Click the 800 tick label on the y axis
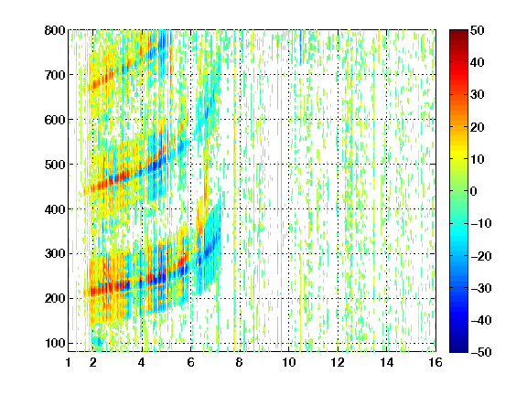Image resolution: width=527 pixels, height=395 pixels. coord(55,30)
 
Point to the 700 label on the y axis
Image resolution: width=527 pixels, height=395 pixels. coord(55,75)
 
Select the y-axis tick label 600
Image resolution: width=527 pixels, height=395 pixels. coord(55,120)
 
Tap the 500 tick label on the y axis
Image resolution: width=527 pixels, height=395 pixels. coord(55,165)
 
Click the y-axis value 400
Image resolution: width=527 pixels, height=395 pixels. coord(55,209)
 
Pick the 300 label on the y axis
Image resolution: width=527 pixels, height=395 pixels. coord(55,253)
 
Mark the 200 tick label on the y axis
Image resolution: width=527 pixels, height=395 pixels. coord(55,298)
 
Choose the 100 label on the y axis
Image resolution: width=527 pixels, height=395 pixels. coord(55,343)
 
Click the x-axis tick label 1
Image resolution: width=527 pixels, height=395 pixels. coord(69,362)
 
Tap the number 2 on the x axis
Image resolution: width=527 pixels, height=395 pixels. coord(93,362)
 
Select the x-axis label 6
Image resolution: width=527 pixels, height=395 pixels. coord(191,362)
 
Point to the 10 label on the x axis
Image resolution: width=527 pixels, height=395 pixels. coord(289,362)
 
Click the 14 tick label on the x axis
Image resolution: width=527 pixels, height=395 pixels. coord(387,362)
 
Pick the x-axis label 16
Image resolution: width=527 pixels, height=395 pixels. coord(436,362)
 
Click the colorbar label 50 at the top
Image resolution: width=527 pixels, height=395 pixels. coord(478,30)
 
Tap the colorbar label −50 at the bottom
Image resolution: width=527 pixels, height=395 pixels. coord(481,352)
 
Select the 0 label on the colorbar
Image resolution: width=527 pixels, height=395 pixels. coord(474,191)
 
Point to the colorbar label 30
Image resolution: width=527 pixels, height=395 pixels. coord(478,94)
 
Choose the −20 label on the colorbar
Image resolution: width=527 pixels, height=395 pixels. coord(481,256)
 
